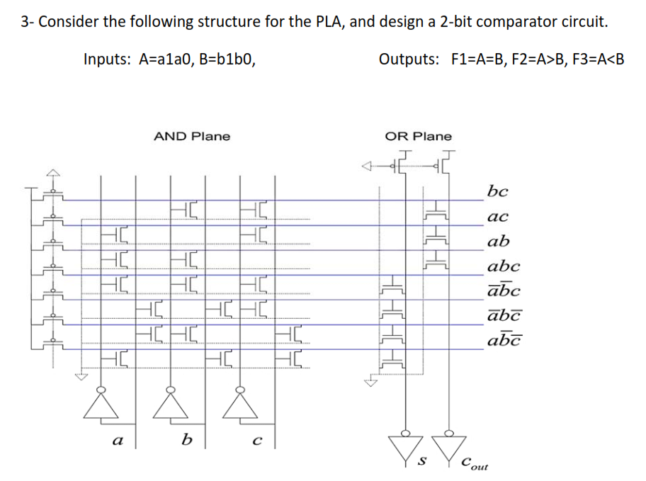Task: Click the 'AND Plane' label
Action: coord(192,136)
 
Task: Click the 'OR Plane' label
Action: coord(418,136)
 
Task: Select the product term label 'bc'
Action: coord(497,191)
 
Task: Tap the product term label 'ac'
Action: coord(497,217)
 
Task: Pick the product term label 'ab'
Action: coord(498,242)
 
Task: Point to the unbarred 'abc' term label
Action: coord(503,267)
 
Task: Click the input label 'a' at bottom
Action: coord(117,440)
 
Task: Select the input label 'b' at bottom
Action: coord(186,440)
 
